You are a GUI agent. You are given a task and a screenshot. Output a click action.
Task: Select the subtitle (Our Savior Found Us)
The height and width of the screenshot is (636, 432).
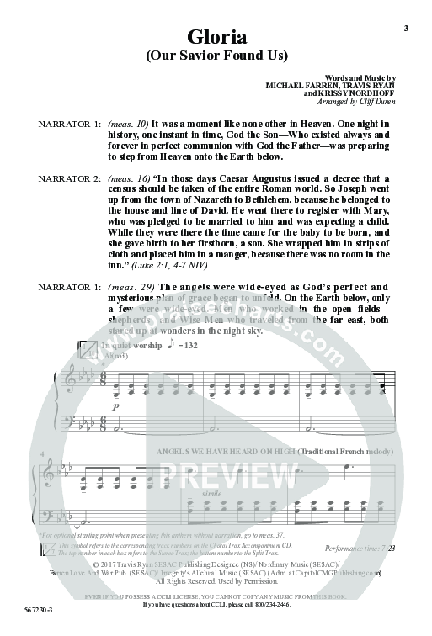pyautogui.click(x=217, y=57)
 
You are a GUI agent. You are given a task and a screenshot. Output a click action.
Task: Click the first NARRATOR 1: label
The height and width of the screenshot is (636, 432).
pyautogui.click(x=70, y=124)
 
